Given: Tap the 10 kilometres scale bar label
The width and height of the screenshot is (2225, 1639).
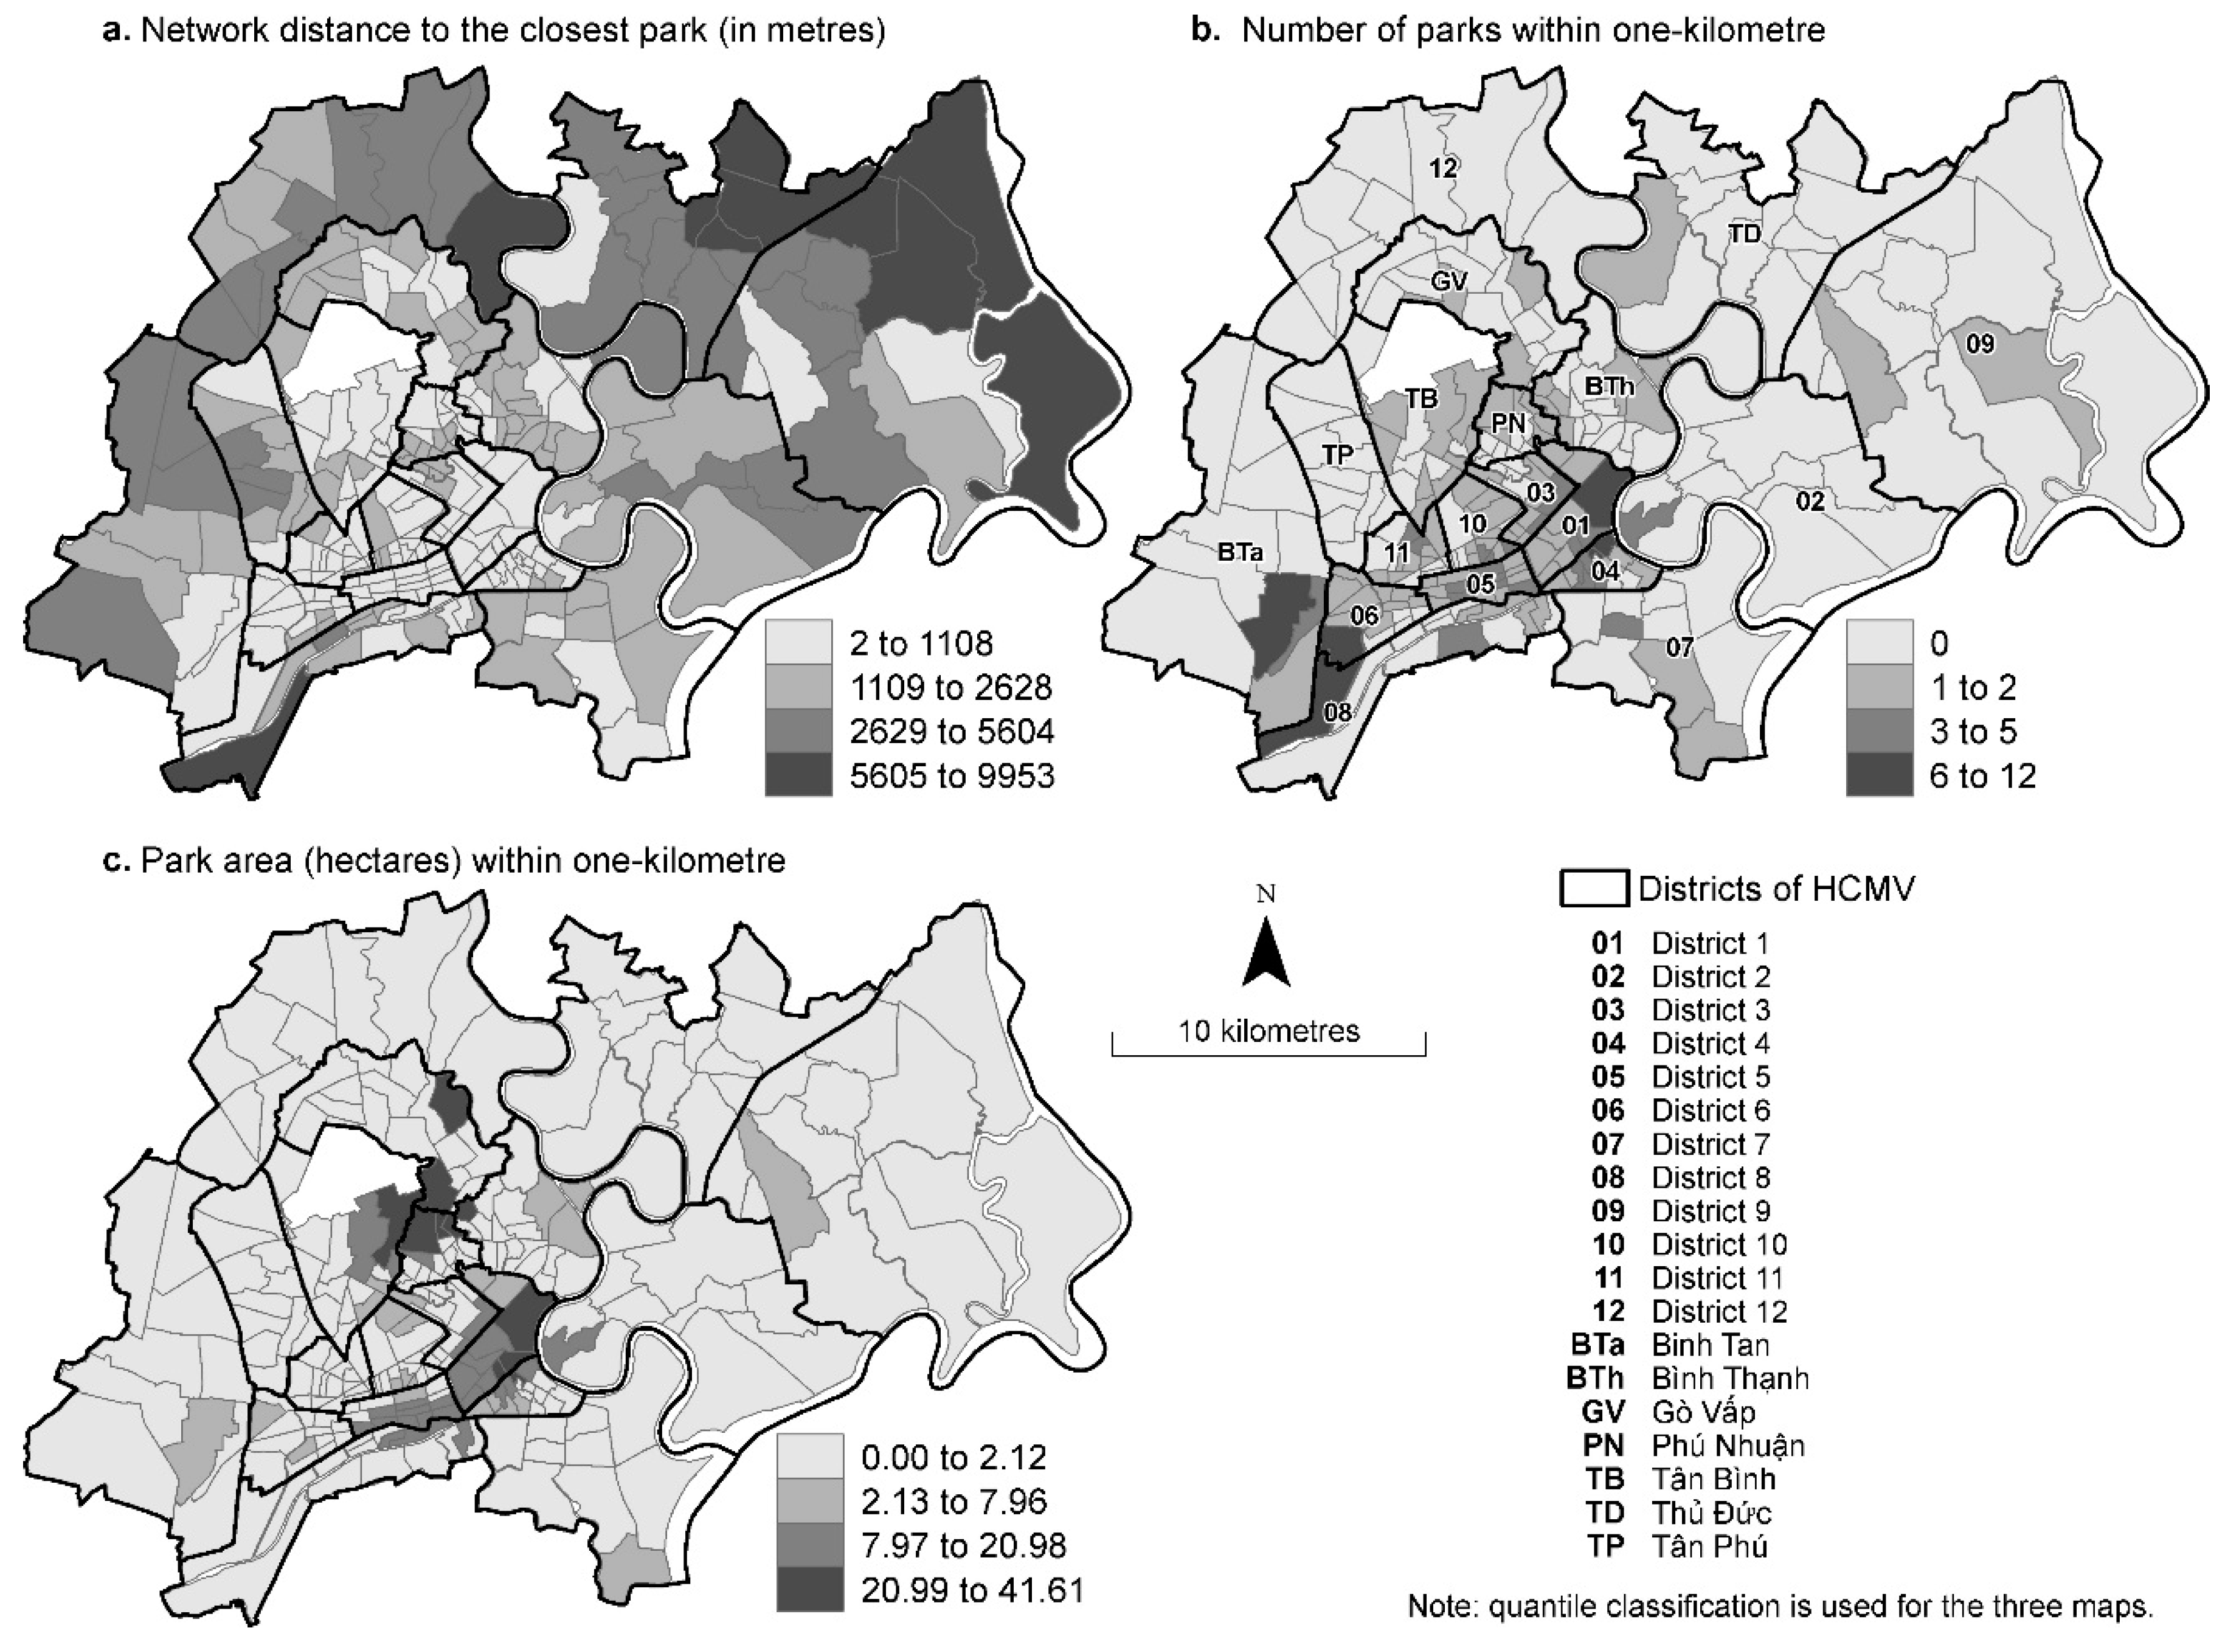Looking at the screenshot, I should click(x=1268, y=1031).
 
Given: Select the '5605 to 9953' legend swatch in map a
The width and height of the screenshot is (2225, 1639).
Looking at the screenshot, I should click(x=798, y=775).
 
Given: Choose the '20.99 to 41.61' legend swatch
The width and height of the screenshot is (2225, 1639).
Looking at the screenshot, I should click(x=809, y=1590).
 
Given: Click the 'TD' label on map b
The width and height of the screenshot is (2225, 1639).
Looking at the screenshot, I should click(x=1744, y=234).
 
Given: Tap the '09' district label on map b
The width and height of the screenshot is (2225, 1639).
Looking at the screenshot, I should click(x=1980, y=344).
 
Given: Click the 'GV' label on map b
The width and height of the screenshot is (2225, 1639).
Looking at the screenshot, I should click(x=1449, y=282).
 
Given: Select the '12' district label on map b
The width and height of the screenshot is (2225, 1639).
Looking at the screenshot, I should click(x=1444, y=168).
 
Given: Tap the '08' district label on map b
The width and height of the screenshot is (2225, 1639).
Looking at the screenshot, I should click(x=1337, y=712).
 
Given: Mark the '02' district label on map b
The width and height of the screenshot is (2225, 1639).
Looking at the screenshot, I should click(x=1810, y=501).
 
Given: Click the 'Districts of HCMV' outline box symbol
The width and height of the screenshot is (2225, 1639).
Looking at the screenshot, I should click(x=1594, y=888).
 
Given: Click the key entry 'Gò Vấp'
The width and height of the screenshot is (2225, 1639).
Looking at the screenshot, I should click(x=1703, y=1412).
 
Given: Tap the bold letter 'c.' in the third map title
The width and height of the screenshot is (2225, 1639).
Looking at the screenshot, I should click(x=117, y=860).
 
